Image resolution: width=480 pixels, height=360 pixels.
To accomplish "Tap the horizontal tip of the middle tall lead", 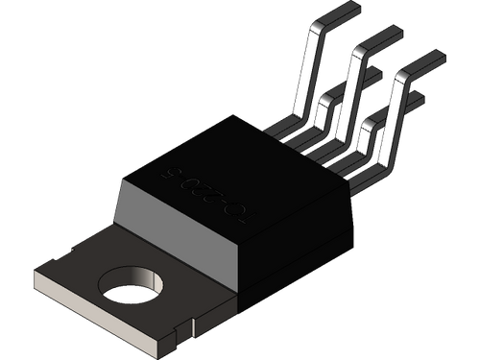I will pyautogui.click(x=384, y=38).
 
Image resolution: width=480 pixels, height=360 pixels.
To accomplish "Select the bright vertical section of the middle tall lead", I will pyautogui.click(x=348, y=96).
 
